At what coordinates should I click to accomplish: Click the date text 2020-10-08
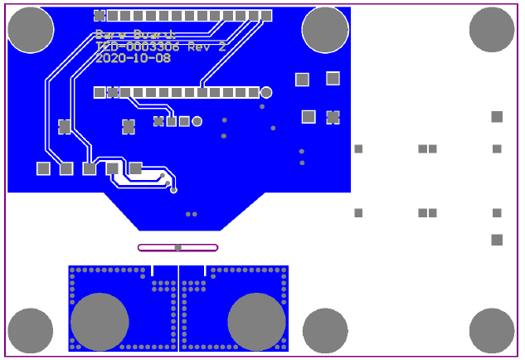133,59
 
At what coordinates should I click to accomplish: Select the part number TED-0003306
138,47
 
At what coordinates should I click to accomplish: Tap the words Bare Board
135,35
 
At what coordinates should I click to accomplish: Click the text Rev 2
207,47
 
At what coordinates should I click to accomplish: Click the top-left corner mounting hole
31,30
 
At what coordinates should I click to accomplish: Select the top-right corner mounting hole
492,29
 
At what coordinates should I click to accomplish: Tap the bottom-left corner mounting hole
31,330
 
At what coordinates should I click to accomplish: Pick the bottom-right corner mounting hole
492,330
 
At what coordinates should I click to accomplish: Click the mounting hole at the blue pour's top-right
325,30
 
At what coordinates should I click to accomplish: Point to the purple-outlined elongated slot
177,247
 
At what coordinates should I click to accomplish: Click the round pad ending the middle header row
266,92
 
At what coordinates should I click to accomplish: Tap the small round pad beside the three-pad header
197,121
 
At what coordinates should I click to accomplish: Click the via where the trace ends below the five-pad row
173,190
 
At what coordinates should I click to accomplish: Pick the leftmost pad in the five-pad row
43,168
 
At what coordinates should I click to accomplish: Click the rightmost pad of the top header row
266,16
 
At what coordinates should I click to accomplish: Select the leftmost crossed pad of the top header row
100,16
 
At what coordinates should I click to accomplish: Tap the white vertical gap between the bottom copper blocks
178,309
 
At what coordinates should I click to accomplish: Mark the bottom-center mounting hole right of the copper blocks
325,330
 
